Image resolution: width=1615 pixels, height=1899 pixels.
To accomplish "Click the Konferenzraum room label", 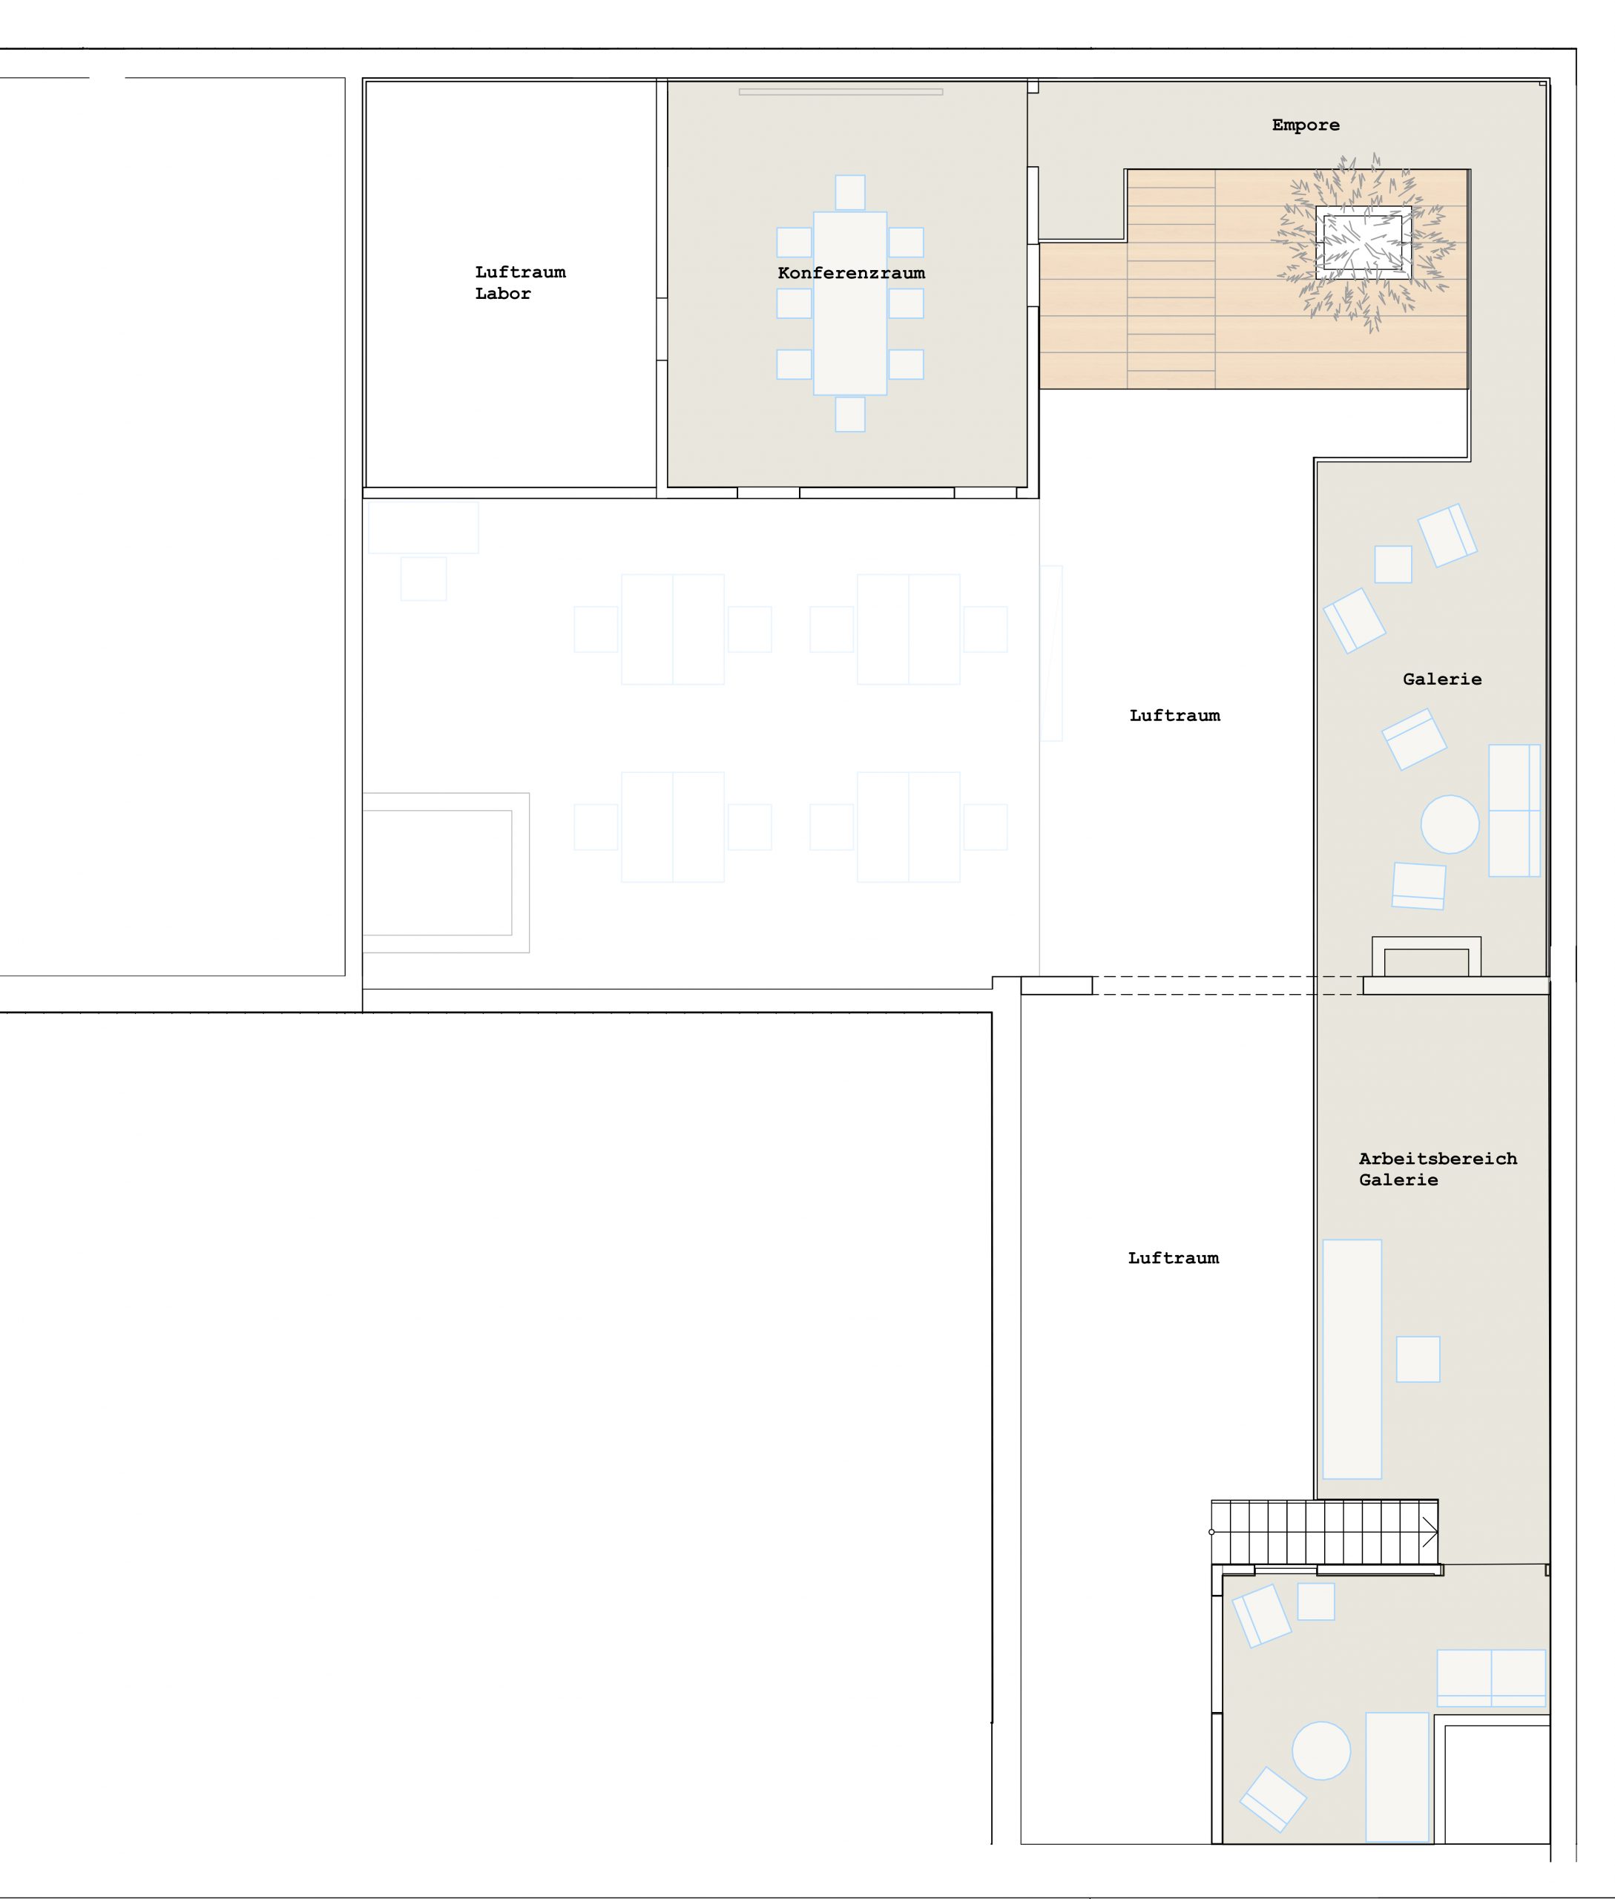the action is pyautogui.click(x=851, y=273).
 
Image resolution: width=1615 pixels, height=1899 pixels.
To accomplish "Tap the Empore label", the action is pyautogui.click(x=1306, y=125).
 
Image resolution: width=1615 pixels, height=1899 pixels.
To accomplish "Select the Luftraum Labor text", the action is pyautogui.click(x=520, y=283).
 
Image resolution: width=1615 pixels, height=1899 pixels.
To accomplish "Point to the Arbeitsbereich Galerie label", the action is pyautogui.click(x=1438, y=1169).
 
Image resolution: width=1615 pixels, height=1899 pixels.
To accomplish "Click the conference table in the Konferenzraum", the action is pyautogui.click(x=849, y=303).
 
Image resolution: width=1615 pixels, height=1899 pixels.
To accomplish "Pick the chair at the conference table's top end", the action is pyautogui.click(x=849, y=192).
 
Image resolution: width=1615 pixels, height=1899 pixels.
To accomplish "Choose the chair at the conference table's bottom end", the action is pyautogui.click(x=849, y=414).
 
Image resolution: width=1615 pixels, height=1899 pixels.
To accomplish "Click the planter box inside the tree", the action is pyautogui.click(x=1364, y=243).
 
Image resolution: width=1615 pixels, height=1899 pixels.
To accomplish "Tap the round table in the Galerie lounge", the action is pyautogui.click(x=1450, y=824).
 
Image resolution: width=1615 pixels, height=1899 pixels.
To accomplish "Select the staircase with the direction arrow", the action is pyautogui.click(x=1324, y=1532).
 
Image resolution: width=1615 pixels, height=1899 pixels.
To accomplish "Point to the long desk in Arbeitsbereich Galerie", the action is pyautogui.click(x=1352, y=1360).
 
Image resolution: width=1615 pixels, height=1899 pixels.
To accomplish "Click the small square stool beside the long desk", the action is pyautogui.click(x=1417, y=1359).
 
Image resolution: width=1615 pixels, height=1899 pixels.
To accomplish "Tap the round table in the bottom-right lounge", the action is pyautogui.click(x=1321, y=1751).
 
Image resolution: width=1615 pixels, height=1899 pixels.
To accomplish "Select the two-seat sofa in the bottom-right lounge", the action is pyautogui.click(x=1491, y=1679).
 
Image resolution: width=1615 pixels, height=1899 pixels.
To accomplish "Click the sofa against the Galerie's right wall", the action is pyautogui.click(x=1514, y=810).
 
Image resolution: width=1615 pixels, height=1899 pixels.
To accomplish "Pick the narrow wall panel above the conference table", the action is pyautogui.click(x=841, y=91).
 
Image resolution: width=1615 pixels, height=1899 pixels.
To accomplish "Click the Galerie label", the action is pyautogui.click(x=1442, y=679).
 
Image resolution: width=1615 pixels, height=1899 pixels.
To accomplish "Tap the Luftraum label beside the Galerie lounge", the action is pyautogui.click(x=1174, y=716).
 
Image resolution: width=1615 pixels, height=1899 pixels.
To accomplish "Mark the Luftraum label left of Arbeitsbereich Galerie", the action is pyautogui.click(x=1174, y=1258).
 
